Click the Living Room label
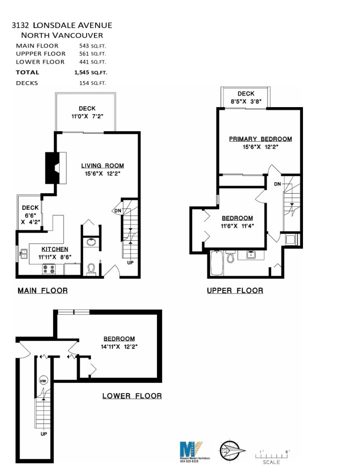(102, 166)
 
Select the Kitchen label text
(54, 249)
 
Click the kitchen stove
(49, 269)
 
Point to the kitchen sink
(23, 255)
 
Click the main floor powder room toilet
(90, 269)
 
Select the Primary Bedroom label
(260, 139)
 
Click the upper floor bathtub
(217, 263)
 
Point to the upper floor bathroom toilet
(230, 257)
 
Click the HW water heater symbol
(43, 379)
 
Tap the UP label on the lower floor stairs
(43, 434)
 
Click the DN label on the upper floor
(277, 184)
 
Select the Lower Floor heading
(132, 396)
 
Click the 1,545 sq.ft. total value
(90, 72)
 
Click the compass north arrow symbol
(231, 449)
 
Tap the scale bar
(271, 454)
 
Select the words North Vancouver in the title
(61, 36)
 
